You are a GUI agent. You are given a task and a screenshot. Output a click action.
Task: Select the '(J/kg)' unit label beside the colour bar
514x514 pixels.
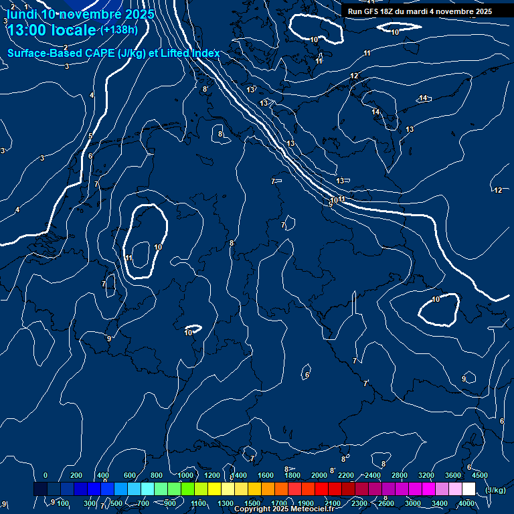pos(495,490)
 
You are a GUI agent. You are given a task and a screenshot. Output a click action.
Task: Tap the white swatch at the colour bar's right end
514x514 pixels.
pos(468,489)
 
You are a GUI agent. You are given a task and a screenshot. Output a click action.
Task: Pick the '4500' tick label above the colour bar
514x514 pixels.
pos(479,475)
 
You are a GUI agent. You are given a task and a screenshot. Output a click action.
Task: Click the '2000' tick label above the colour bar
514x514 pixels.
pos(319,475)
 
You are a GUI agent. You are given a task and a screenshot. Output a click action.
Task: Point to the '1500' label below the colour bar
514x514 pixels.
pos(252,503)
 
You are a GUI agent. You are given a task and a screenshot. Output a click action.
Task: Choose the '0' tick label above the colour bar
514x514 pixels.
pos(46,475)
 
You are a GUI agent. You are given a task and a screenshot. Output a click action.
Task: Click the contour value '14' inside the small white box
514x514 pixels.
pos(423,98)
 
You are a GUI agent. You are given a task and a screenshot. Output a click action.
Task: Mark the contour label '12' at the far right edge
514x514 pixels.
pos(498,190)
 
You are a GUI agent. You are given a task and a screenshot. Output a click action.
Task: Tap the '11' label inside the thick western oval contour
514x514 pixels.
pos(128,258)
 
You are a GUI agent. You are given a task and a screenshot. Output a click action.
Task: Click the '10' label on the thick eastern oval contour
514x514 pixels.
pos(436,299)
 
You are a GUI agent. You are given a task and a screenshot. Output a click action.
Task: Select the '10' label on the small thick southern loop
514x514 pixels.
pos(189,332)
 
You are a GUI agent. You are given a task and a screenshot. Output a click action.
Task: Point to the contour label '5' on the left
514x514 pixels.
pos(90,136)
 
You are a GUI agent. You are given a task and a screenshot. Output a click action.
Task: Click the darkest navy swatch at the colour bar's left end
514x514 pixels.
pos(40,489)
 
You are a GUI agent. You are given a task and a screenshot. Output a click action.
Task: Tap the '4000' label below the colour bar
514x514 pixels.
pos(466,503)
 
